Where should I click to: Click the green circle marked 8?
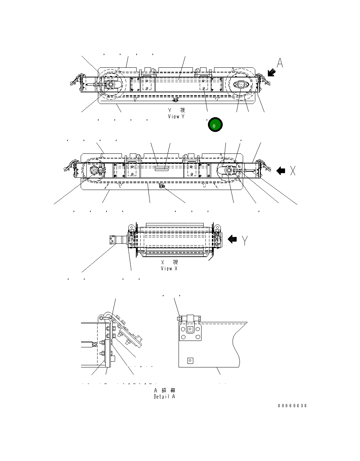click(x=215, y=125)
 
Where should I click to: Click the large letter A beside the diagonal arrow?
click(x=280, y=63)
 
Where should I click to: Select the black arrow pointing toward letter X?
click(x=281, y=171)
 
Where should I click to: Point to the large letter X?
click(x=293, y=171)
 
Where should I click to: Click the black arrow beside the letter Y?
click(x=232, y=239)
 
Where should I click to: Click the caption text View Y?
click(x=176, y=117)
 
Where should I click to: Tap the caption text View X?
click(x=169, y=268)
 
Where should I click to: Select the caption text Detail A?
click(x=165, y=396)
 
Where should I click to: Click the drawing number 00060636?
click(x=292, y=406)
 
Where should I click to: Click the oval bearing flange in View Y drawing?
click(x=240, y=85)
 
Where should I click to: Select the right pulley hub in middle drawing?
click(x=228, y=171)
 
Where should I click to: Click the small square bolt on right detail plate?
click(x=190, y=361)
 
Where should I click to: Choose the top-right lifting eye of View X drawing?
click(x=217, y=227)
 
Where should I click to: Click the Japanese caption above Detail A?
click(x=165, y=390)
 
